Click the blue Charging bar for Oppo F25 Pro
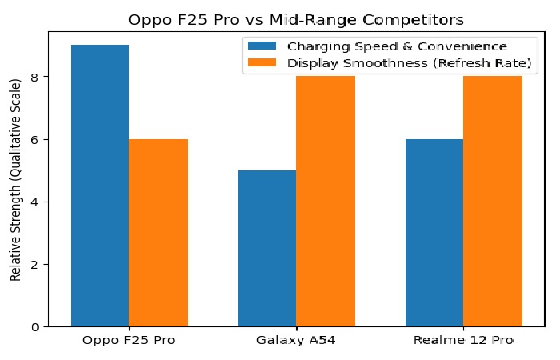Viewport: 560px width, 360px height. pyautogui.click(x=100, y=186)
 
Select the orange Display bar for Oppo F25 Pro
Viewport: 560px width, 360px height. pyautogui.click(x=158, y=233)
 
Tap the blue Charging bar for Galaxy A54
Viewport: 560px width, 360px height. pyautogui.click(x=267, y=248)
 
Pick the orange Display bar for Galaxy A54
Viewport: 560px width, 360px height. pyautogui.click(x=325, y=202)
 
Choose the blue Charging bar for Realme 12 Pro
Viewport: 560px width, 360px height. pyautogui.click(x=434, y=233)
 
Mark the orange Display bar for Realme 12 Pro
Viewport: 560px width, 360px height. pyautogui.click(x=493, y=202)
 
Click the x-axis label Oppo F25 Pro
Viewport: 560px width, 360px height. pyautogui.click(x=129, y=341)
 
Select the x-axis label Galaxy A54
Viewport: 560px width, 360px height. pyautogui.click(x=296, y=341)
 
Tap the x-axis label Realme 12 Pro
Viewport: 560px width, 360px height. pyautogui.click(x=463, y=341)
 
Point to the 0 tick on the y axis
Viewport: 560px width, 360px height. pyautogui.click(x=34, y=327)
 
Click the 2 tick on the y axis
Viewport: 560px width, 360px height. pyautogui.click(x=34, y=265)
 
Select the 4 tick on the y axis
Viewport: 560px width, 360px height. pyautogui.click(x=34, y=202)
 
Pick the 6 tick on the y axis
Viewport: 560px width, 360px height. pyautogui.click(x=34, y=139)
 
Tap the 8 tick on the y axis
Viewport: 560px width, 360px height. pyautogui.click(x=34, y=77)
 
